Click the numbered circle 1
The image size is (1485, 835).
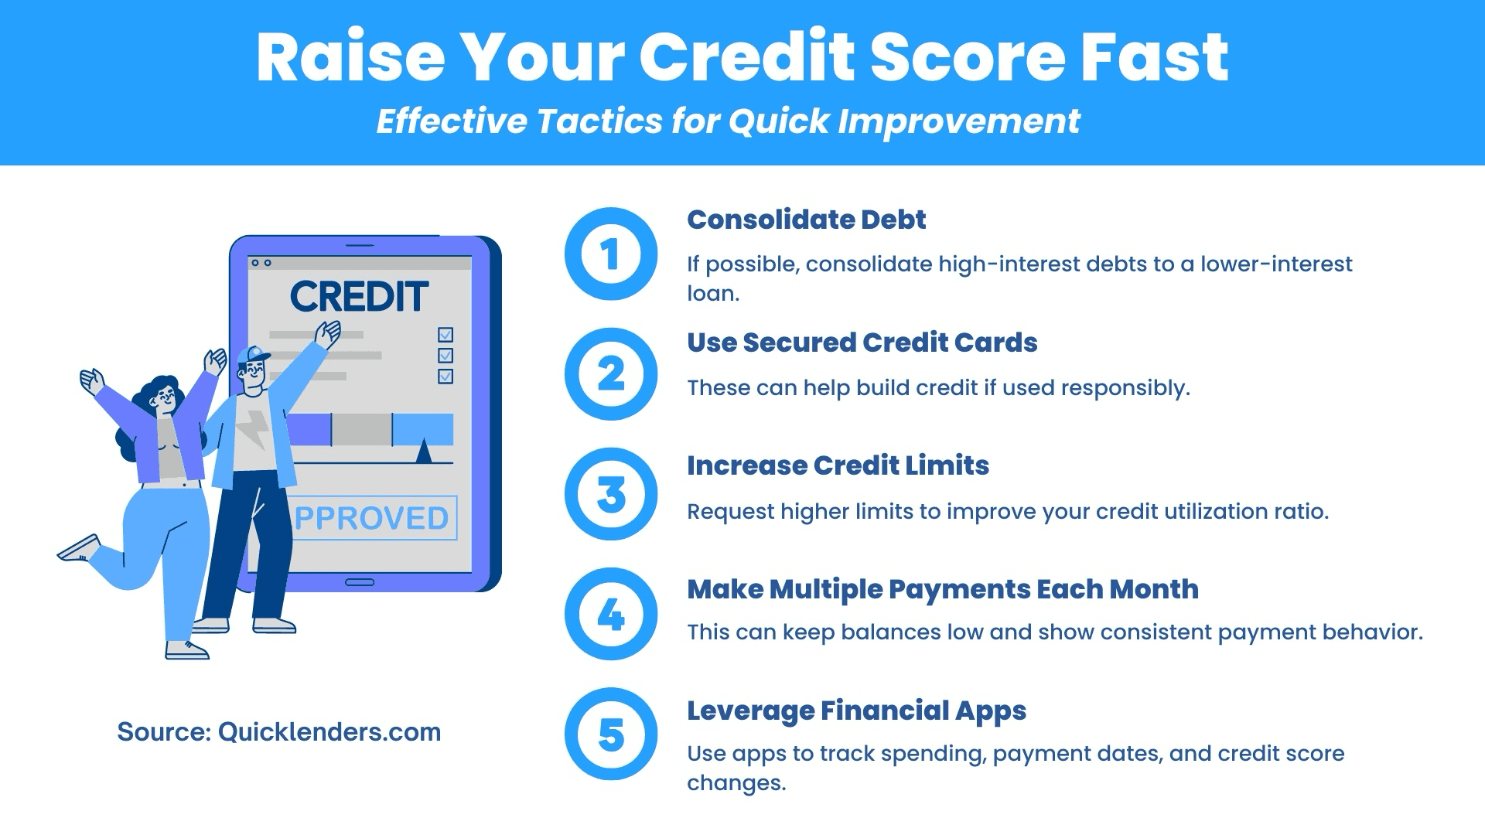(611, 254)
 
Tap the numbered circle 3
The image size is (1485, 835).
(611, 494)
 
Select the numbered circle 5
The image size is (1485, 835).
(611, 734)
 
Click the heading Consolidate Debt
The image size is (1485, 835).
(806, 220)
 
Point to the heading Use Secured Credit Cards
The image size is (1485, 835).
(862, 343)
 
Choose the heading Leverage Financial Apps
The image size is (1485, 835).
(856, 711)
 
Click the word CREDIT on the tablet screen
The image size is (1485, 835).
(359, 296)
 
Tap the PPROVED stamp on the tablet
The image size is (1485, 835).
(372, 518)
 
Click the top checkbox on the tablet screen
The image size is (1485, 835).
(445, 335)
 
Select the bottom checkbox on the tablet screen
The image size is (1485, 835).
(445, 377)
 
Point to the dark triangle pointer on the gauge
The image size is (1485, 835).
(423, 452)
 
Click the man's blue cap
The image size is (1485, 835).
(253, 356)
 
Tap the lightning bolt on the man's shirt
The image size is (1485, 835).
(251, 429)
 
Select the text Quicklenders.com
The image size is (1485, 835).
(329, 732)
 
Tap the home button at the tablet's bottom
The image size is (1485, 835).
(360, 582)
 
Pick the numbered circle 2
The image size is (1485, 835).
(611, 374)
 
